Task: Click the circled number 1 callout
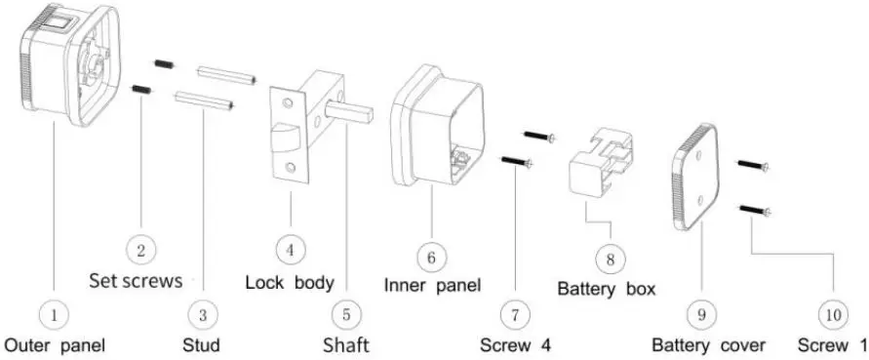55,315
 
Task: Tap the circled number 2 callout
141,251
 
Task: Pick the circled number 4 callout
289,251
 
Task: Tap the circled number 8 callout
610,260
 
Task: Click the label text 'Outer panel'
55,344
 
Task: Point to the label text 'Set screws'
136,282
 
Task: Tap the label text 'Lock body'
289,283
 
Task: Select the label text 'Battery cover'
709,345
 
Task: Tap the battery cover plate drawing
703,176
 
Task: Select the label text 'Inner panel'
432,286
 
